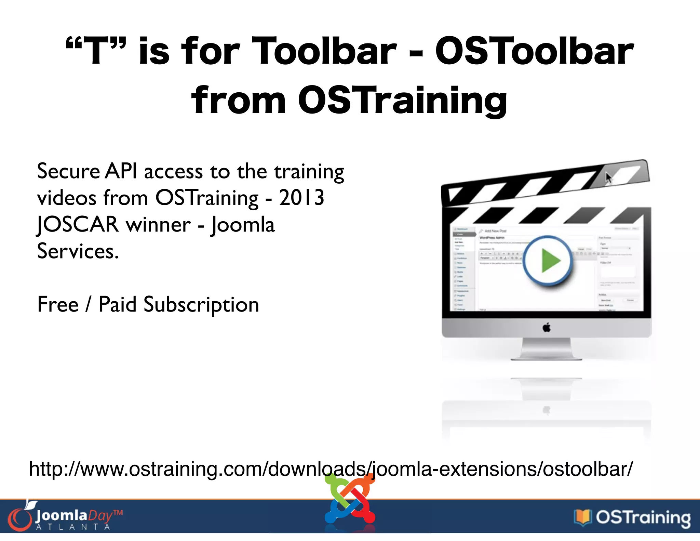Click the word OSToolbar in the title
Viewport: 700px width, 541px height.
click(534, 51)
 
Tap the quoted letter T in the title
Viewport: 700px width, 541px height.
click(96, 51)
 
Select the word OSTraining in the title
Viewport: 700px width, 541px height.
click(402, 100)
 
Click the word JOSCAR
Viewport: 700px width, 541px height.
click(78, 225)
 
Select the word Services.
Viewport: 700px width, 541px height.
click(78, 251)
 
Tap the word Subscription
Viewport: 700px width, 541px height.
click(201, 305)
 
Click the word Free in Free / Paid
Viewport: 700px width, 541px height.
click(58, 305)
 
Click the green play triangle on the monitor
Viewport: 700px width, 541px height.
click(550, 261)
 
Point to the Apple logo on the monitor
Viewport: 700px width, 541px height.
click(547, 328)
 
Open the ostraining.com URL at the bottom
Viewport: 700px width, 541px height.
click(331, 469)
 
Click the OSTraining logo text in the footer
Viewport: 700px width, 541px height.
click(643, 518)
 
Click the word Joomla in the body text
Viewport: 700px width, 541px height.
click(243, 225)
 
